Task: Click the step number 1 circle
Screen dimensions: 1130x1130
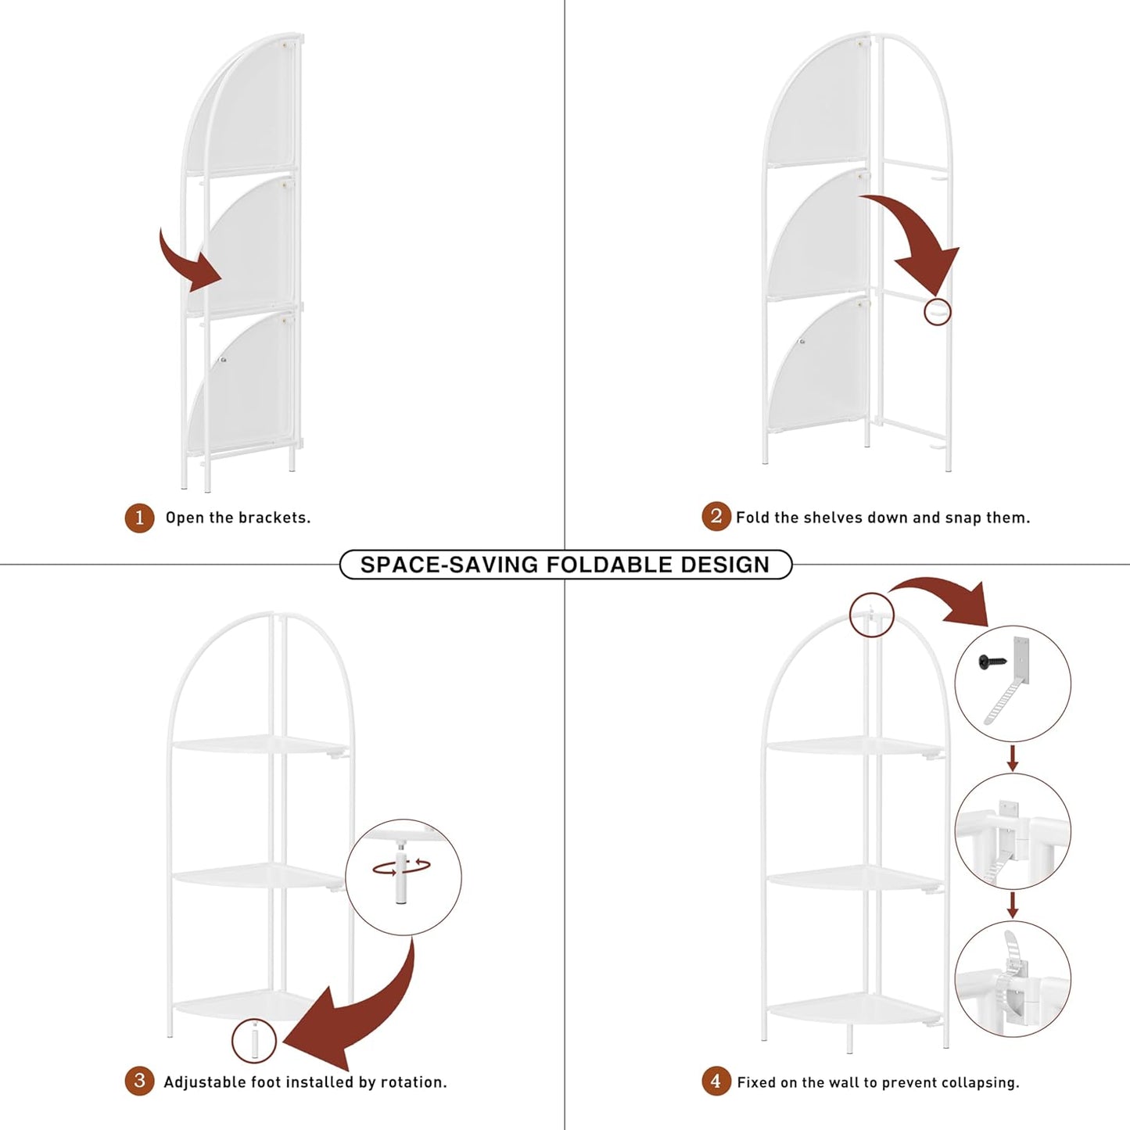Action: [140, 518]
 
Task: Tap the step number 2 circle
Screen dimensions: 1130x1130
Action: [716, 517]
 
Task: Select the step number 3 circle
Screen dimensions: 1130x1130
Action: [139, 1082]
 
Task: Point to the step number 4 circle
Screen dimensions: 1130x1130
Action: [716, 1082]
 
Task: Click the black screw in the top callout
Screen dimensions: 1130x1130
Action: [992, 662]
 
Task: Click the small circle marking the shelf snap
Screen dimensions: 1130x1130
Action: [938, 311]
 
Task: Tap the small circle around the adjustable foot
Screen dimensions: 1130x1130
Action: [254, 1041]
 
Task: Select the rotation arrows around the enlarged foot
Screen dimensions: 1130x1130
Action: [402, 866]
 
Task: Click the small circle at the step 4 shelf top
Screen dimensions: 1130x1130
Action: [871, 615]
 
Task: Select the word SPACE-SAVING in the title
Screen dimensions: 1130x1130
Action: [449, 565]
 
